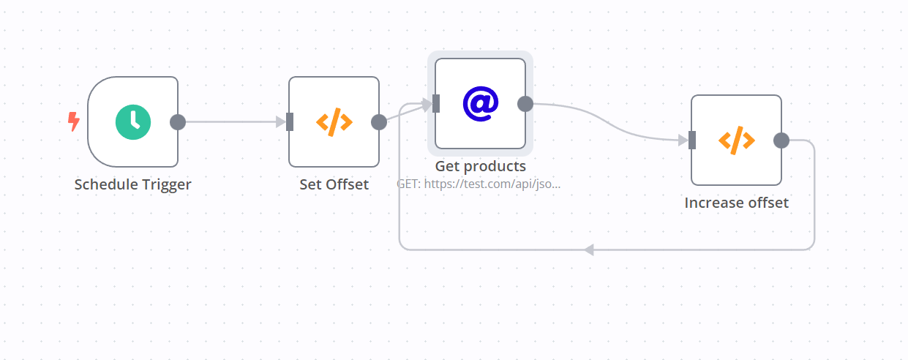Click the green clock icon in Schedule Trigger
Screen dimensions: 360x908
pyautogui.click(x=132, y=122)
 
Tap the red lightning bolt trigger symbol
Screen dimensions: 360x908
pyautogui.click(x=73, y=121)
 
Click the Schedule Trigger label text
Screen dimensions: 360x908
pyautogui.click(x=132, y=184)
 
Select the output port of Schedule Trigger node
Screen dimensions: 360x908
pyautogui.click(x=178, y=122)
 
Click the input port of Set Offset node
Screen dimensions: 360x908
pyautogui.click(x=290, y=122)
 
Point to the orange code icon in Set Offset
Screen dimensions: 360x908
pyautogui.click(x=334, y=122)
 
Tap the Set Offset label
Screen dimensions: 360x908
pyautogui.click(x=334, y=184)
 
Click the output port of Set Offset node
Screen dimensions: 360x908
pyautogui.click(x=379, y=122)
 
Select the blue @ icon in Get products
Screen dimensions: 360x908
pyautogui.click(x=480, y=104)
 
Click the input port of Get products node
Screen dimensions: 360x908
pyautogui.click(x=436, y=104)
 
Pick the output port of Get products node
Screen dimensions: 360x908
pyautogui.click(x=525, y=104)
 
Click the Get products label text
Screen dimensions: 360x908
pyautogui.click(x=480, y=166)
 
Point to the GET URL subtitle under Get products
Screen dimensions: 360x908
pyautogui.click(x=479, y=184)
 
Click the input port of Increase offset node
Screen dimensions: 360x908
pyautogui.click(x=692, y=140)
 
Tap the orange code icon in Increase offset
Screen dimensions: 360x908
pyautogui.click(x=736, y=140)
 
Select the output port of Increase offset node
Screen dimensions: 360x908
pyautogui.click(x=781, y=140)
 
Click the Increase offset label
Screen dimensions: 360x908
pyautogui.click(x=736, y=203)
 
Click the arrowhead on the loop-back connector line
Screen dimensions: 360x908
pyautogui.click(x=589, y=250)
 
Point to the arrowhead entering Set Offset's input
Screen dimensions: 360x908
pyautogui.click(x=280, y=122)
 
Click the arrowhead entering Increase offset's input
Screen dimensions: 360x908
pyautogui.click(x=683, y=140)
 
